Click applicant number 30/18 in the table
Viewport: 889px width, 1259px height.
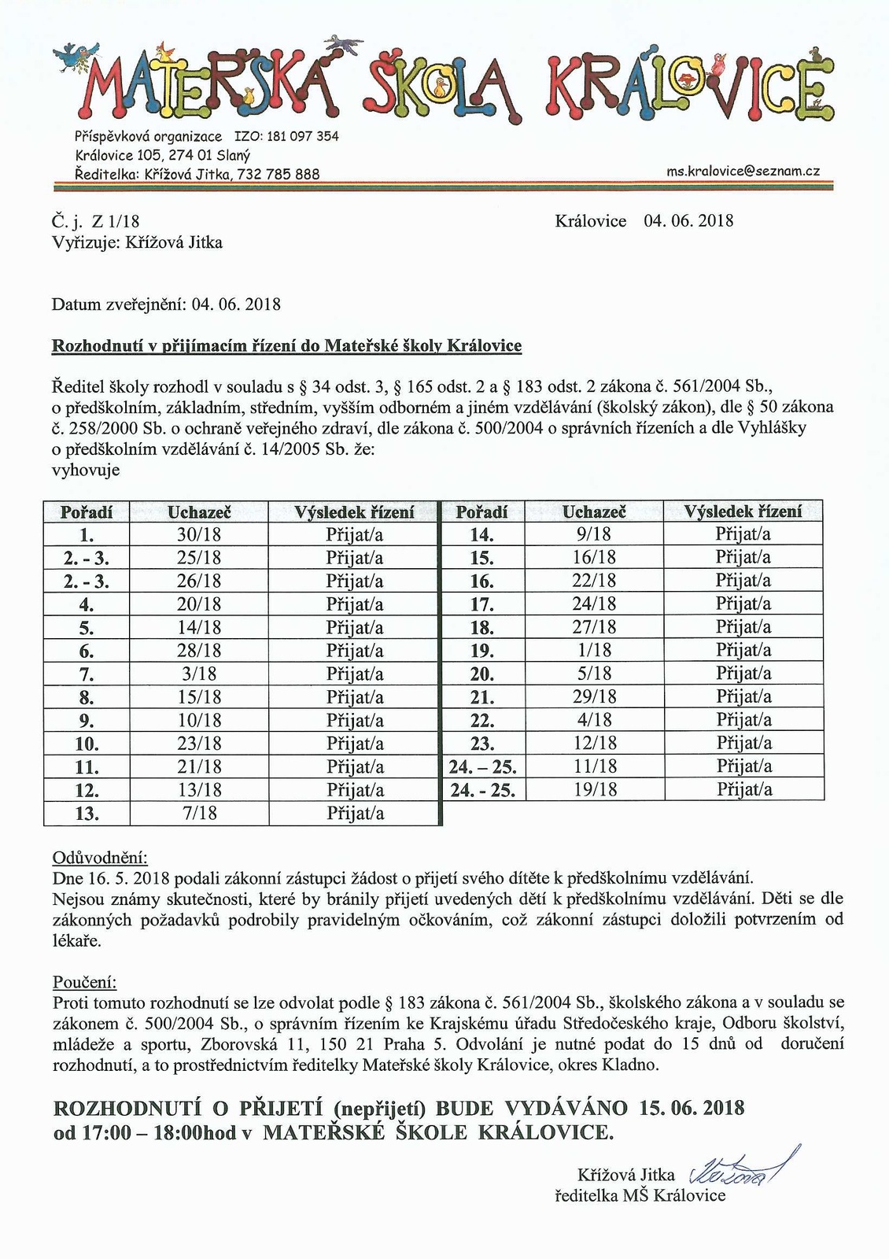[x=199, y=535]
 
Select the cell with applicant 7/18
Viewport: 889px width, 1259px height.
[x=199, y=814]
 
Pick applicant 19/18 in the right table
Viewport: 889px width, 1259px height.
[x=595, y=789]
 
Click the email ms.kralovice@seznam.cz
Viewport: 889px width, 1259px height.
[x=743, y=170]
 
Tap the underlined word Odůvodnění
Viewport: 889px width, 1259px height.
[x=99, y=857]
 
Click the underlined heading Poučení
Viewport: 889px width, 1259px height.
[x=84, y=982]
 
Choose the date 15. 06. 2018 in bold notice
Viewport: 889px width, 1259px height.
[x=692, y=1109]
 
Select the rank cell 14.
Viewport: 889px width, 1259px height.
[x=481, y=535]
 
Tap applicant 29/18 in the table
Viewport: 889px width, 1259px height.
[x=595, y=696]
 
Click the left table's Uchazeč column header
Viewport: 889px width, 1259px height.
[x=199, y=512]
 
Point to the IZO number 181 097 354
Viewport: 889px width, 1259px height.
[x=303, y=136]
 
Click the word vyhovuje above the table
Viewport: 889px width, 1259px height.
[x=86, y=471]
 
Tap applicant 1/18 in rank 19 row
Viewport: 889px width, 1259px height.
[x=595, y=650]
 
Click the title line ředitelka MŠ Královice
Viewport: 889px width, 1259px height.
[x=640, y=1196]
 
